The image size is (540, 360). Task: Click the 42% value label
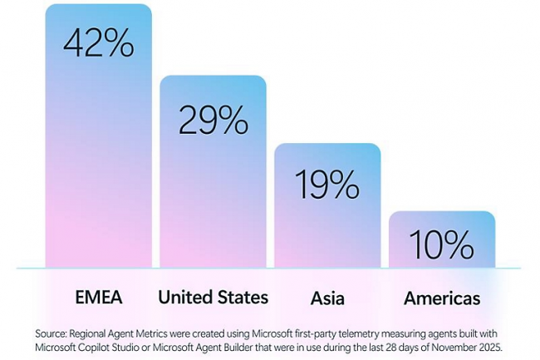[x=98, y=43]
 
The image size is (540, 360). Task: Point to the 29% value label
[x=213, y=121]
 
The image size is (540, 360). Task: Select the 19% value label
[x=327, y=185]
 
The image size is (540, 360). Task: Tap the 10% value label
[x=442, y=244]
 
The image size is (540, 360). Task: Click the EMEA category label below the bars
[x=98, y=298]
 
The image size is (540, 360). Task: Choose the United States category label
[x=213, y=298]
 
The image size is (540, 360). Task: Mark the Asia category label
[x=327, y=298]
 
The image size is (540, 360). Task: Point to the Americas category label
[x=442, y=298]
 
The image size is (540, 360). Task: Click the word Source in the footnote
[x=52, y=333]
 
